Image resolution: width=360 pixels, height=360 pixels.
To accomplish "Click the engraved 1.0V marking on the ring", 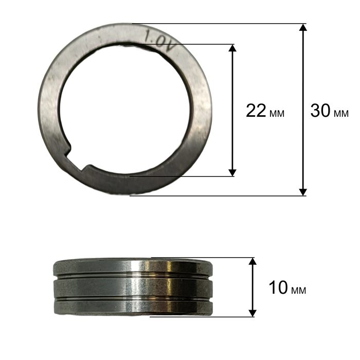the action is point(159,41).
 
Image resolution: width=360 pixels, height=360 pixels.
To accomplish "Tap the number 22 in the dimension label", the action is point(256,111).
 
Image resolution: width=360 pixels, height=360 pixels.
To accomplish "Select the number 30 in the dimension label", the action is point(320,111).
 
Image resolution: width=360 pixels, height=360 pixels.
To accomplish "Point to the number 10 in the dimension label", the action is point(278,287).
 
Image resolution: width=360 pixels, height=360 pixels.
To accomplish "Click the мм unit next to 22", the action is point(277,114).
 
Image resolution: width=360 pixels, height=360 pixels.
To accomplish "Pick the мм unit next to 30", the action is point(341,113).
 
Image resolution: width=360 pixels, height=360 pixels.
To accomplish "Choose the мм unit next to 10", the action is point(298,290).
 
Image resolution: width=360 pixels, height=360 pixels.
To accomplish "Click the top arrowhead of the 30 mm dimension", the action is point(303,27).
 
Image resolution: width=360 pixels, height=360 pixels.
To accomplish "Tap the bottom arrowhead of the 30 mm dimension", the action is point(303,192).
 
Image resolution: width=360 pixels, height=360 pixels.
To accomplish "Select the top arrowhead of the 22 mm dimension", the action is point(232,48).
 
